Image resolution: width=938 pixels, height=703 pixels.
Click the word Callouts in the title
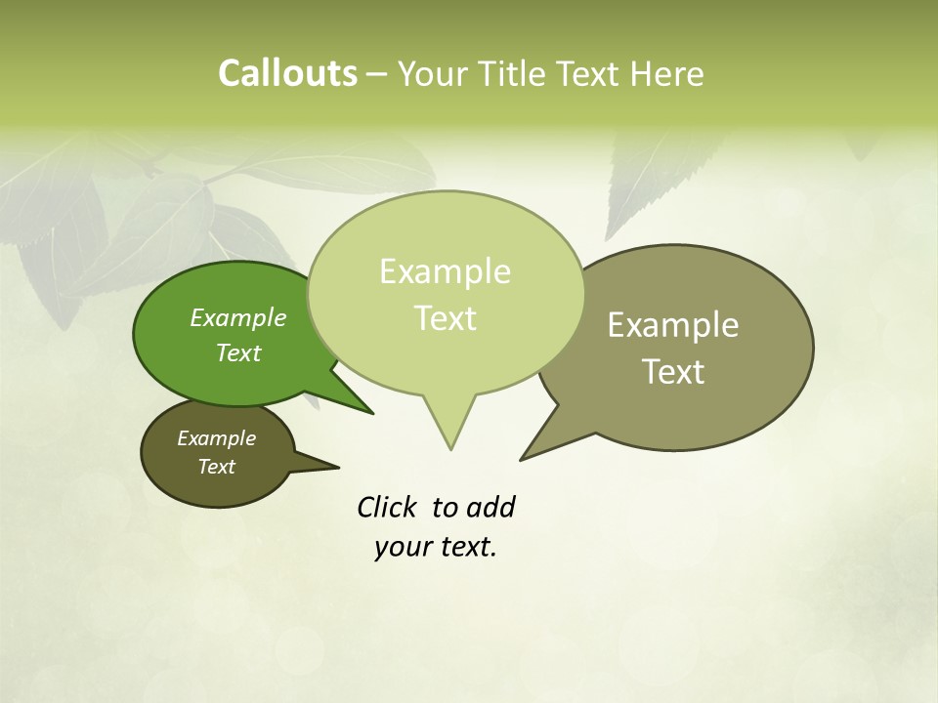pyautogui.click(x=287, y=73)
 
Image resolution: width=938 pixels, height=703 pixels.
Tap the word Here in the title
pyautogui.click(x=667, y=74)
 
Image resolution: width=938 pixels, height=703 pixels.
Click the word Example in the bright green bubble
pyautogui.click(x=238, y=317)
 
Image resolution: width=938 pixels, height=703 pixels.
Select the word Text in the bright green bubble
pyautogui.click(x=238, y=352)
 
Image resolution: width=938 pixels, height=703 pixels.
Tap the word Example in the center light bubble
pyautogui.click(x=445, y=271)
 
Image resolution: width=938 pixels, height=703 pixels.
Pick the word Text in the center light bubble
pyautogui.click(x=445, y=318)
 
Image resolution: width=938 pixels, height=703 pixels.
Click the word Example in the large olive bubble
pyautogui.click(x=673, y=324)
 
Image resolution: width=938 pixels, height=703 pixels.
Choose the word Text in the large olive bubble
pyautogui.click(x=673, y=372)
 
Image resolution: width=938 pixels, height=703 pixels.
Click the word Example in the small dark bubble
pyautogui.click(x=216, y=438)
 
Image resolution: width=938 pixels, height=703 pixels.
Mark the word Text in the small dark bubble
pyautogui.click(x=216, y=467)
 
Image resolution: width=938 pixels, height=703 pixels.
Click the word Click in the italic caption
pyautogui.click(x=389, y=507)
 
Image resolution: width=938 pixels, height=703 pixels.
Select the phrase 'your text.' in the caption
pyautogui.click(x=436, y=547)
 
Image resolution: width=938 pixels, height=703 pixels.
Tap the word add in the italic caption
pyautogui.click(x=490, y=507)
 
